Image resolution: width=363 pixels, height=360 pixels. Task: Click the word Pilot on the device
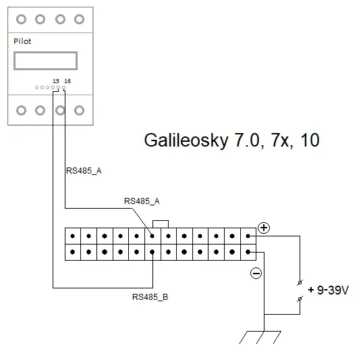click(x=22, y=41)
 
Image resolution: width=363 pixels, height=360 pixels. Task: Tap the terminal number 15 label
click(x=56, y=81)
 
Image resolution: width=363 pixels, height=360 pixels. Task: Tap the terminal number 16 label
click(x=67, y=81)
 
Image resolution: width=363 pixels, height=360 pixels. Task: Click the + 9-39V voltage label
click(x=329, y=290)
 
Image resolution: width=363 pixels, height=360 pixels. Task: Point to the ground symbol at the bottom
click(x=260, y=337)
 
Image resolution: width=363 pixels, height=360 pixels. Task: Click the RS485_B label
click(x=150, y=297)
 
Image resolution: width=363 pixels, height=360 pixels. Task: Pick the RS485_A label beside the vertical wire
click(x=84, y=171)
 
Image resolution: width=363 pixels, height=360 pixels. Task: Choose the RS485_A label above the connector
click(x=142, y=201)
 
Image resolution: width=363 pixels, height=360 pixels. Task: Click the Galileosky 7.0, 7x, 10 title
click(x=231, y=140)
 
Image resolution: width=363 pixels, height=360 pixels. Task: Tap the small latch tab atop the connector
click(x=161, y=224)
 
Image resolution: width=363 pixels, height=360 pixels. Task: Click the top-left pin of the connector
click(x=73, y=236)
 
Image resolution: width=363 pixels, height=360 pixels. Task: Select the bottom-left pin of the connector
click(x=73, y=252)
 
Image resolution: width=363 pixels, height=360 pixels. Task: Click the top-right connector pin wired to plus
click(x=248, y=236)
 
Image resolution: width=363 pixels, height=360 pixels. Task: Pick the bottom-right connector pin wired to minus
click(x=248, y=252)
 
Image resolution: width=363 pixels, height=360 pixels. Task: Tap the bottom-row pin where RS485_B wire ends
click(x=152, y=252)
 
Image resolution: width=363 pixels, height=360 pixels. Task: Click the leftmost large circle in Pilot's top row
click(x=22, y=19)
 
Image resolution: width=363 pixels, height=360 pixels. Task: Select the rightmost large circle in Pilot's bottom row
click(x=79, y=110)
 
